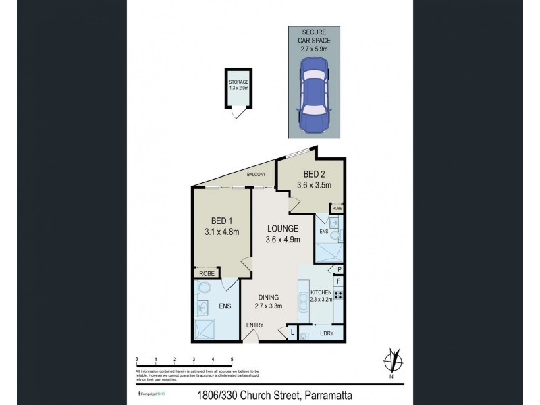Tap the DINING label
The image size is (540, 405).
point(268,296)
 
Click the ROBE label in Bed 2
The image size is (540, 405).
point(337,209)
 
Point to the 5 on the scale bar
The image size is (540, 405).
point(232,359)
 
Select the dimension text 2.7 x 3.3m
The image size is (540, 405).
point(268,306)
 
